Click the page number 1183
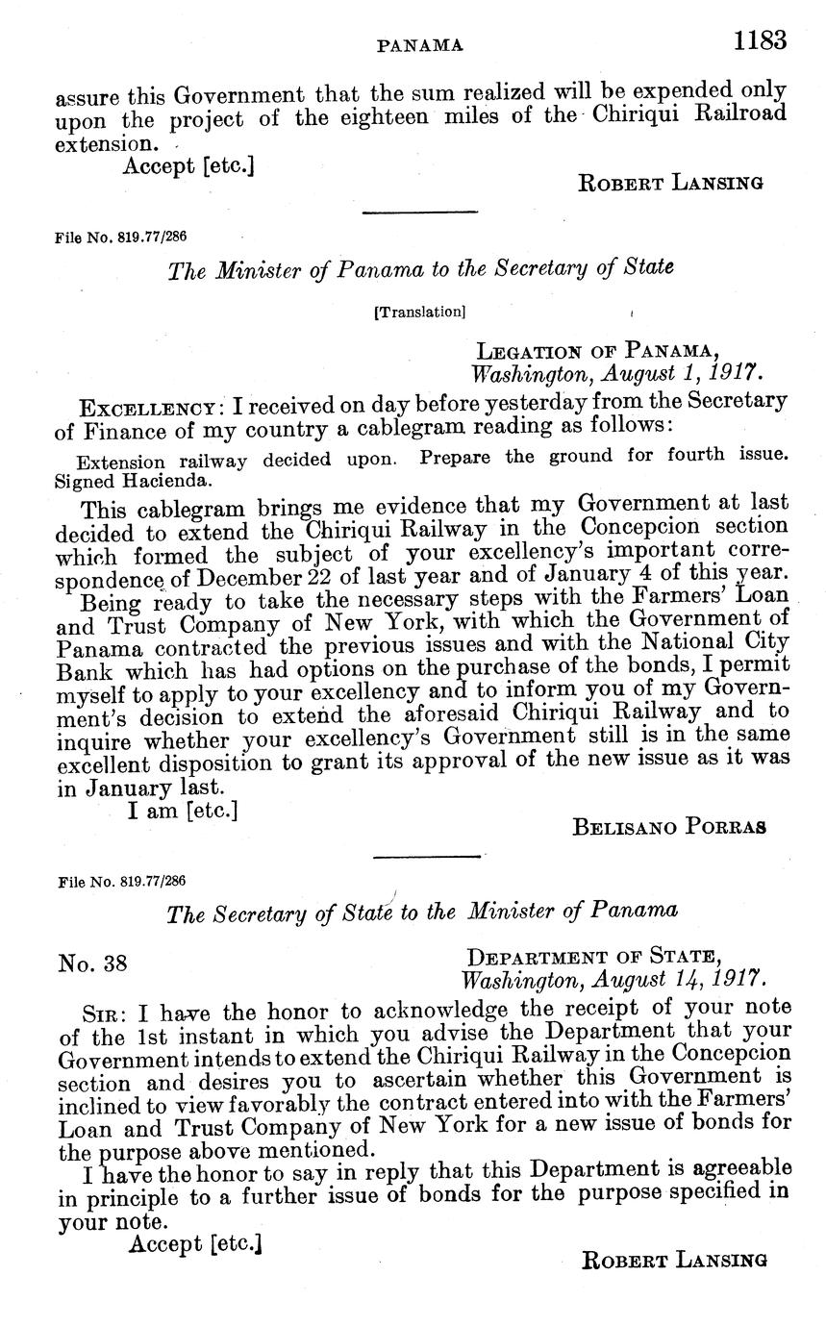[x=759, y=41]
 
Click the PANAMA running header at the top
[x=420, y=44]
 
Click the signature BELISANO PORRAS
[x=669, y=826]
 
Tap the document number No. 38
[x=92, y=963]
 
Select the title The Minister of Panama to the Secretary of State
[x=420, y=268]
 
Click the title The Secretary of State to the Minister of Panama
[x=421, y=911]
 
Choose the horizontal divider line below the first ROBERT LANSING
[x=419, y=212]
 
